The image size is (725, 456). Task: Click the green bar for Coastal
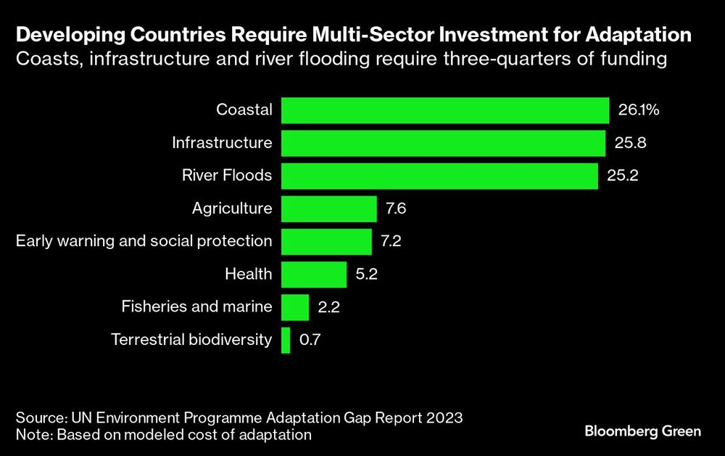[x=444, y=110]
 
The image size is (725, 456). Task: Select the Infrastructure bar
[x=443, y=143]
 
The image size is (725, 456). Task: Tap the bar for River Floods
[x=439, y=176]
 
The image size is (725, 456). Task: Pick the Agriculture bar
[x=328, y=209]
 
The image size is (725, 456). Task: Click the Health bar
[x=313, y=274]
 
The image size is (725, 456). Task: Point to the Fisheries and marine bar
[x=295, y=307]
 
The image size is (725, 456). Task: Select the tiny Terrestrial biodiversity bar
[x=286, y=340]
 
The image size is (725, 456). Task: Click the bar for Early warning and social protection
[x=326, y=242]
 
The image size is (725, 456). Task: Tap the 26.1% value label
[x=639, y=110]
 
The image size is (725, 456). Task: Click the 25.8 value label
[x=630, y=143]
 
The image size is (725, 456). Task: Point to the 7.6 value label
[x=397, y=209]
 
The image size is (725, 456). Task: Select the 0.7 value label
[x=310, y=340]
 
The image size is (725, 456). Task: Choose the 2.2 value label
[x=329, y=307]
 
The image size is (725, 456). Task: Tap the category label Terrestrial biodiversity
[x=191, y=340]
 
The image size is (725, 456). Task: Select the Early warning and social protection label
[x=144, y=242]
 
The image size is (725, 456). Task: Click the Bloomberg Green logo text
[x=642, y=431]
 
